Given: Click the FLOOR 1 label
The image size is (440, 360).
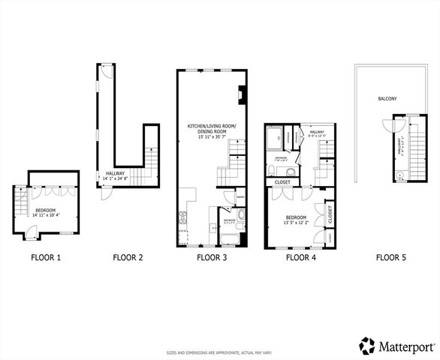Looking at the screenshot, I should (x=45, y=258).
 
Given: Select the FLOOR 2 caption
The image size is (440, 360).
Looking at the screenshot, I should (x=128, y=258).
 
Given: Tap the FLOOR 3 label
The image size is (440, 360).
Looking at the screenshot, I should (x=211, y=258).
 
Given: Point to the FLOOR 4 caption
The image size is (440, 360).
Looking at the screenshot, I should (x=301, y=258).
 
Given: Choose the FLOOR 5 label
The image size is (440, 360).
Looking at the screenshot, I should (x=390, y=258).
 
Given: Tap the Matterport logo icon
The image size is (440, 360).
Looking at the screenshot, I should (x=367, y=345).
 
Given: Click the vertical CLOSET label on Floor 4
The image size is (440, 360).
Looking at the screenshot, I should (x=330, y=214).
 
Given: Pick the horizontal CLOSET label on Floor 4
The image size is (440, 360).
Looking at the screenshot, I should (x=282, y=181).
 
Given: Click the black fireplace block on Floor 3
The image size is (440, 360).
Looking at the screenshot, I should (x=240, y=95).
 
